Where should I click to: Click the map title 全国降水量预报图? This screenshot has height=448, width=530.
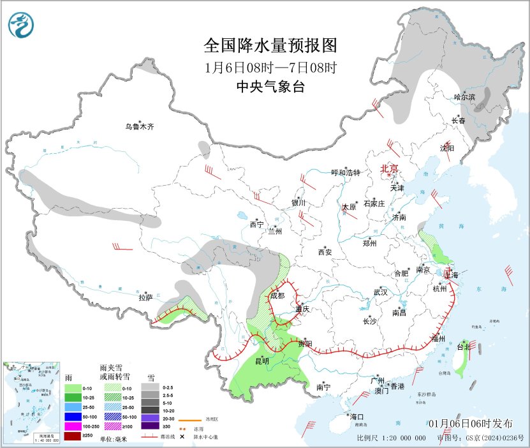270,46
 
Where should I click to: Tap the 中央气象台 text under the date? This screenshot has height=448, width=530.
270,86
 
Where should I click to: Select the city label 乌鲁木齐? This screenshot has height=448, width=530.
139,126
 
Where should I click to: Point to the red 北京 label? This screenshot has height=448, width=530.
389,168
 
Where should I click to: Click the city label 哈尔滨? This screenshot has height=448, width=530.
464,97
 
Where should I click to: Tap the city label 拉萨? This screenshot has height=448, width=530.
145,297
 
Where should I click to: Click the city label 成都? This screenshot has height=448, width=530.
277,295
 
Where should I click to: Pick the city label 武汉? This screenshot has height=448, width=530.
381,292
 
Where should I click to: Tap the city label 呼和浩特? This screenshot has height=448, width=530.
346,172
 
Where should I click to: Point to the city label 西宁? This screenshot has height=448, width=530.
256,224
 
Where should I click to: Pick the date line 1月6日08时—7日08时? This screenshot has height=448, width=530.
270,66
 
